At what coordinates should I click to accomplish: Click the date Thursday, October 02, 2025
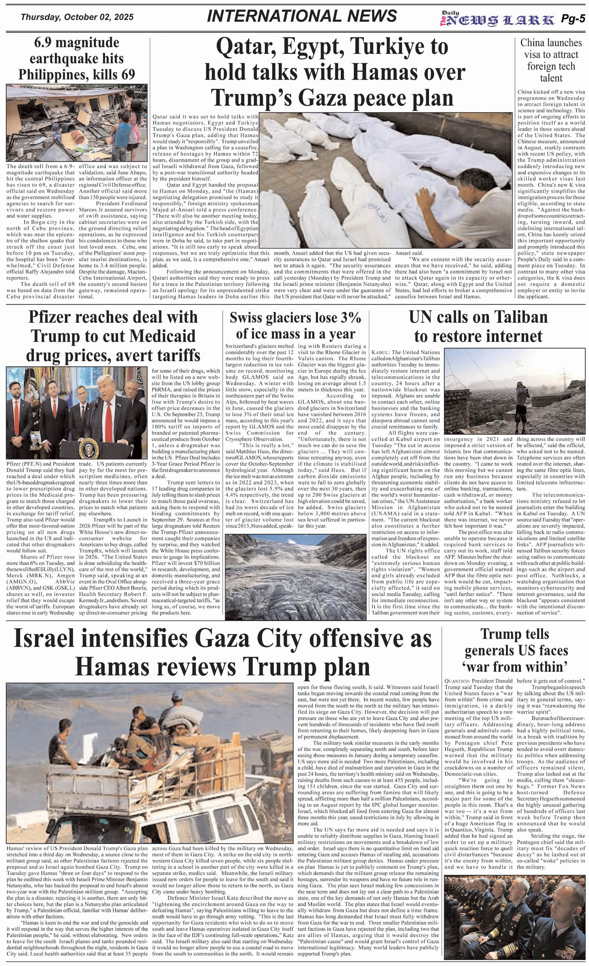click(77, 17)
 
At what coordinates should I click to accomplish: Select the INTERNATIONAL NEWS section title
click(302, 16)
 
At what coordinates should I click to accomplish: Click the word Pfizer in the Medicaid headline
click(56, 317)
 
